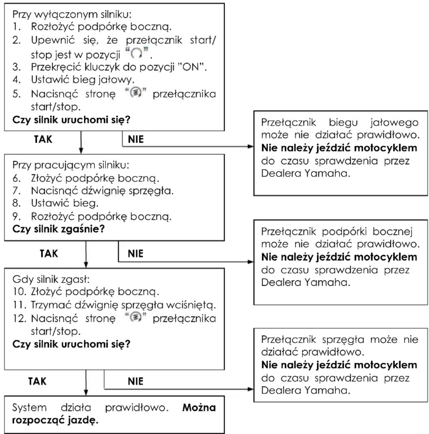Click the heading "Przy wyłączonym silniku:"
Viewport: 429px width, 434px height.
coord(72,14)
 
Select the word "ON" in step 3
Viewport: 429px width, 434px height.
coord(191,67)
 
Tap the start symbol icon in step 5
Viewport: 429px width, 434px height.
coord(135,93)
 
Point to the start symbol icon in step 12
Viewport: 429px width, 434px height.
coord(135,317)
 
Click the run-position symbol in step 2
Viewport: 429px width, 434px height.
coord(136,53)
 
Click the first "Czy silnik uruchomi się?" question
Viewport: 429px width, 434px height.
coord(71,120)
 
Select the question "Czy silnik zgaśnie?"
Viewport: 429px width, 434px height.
coord(59,229)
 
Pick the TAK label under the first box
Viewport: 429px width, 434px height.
coord(43,139)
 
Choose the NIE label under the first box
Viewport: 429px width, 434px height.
coord(136,139)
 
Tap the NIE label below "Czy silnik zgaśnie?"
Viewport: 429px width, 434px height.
coord(135,254)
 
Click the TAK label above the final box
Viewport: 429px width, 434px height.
coord(37,382)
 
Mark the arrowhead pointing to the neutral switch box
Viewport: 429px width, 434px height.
coord(251,146)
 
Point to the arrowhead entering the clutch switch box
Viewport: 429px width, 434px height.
coord(251,389)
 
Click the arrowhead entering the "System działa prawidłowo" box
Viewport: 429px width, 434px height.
coord(86,393)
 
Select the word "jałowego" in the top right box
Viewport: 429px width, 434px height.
coord(394,123)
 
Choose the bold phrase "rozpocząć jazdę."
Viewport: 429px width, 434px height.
coord(55,420)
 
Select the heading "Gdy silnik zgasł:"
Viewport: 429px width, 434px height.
coord(51,279)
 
